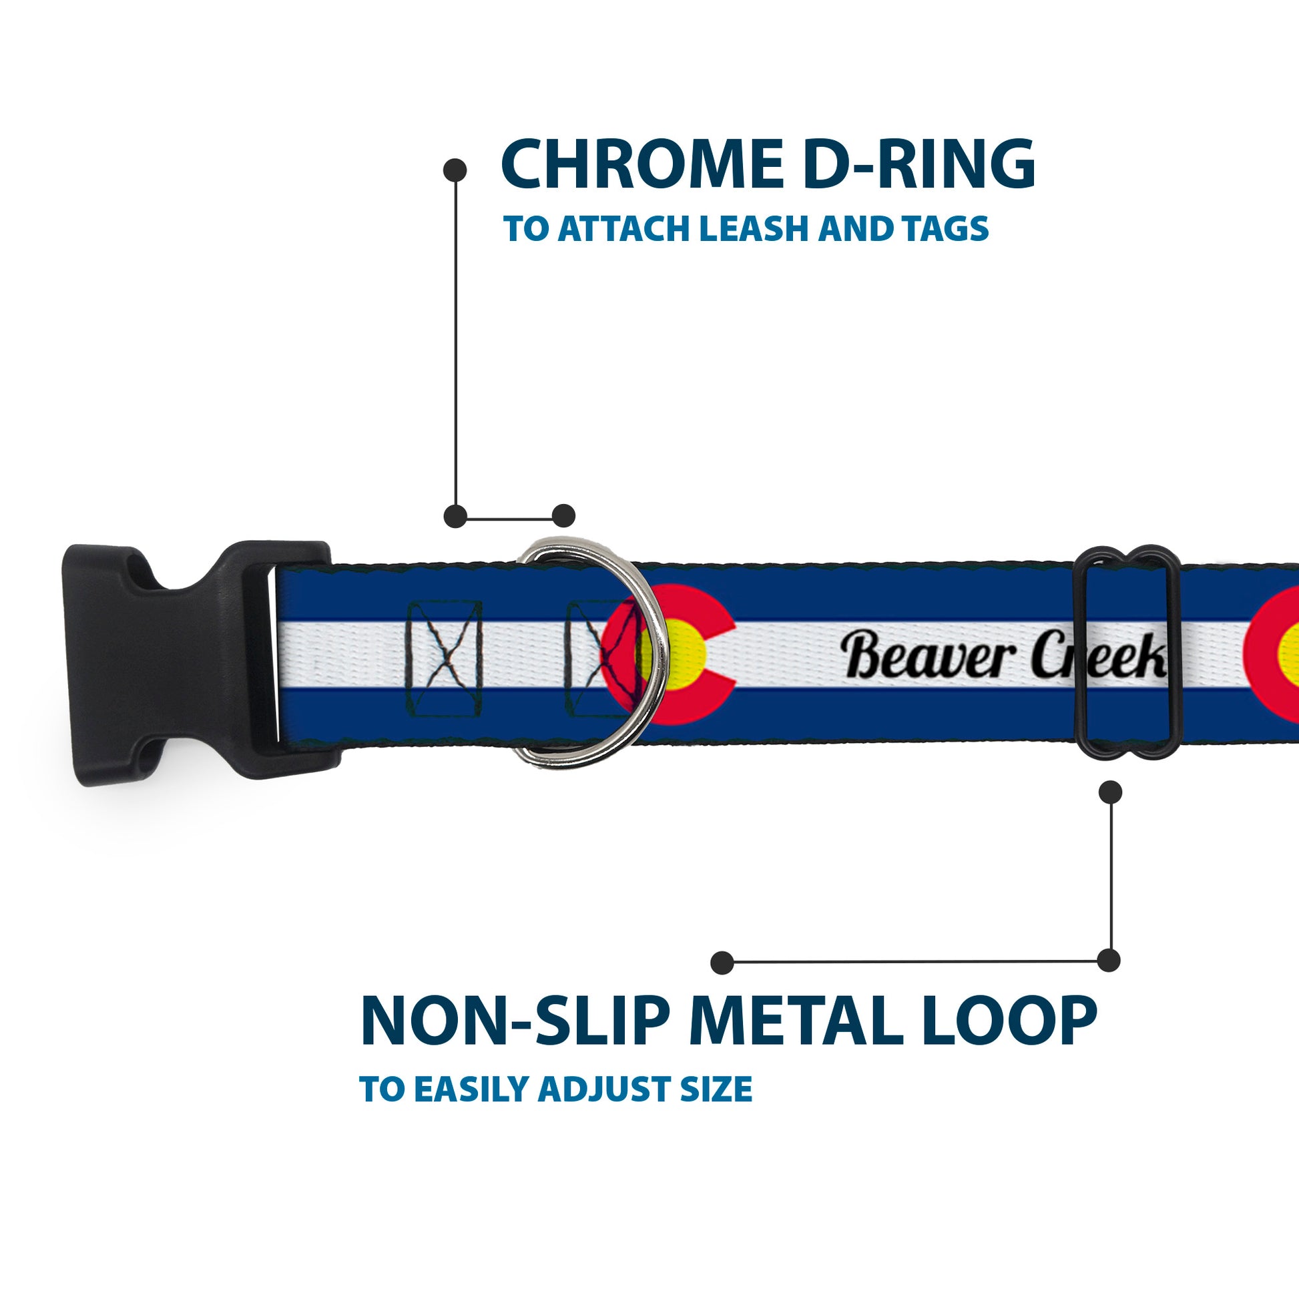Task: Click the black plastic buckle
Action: click(x=188, y=662)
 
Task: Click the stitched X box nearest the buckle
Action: click(x=445, y=659)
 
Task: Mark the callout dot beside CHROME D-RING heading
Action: click(x=455, y=170)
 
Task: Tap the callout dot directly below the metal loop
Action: click(x=1110, y=792)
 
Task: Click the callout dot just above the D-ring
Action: click(x=563, y=516)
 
